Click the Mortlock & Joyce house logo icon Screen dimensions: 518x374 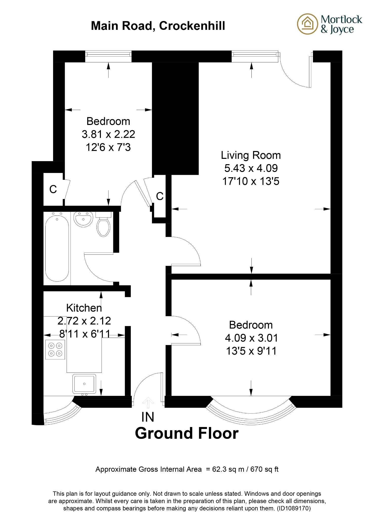coord(307,24)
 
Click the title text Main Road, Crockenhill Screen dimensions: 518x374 coord(158,26)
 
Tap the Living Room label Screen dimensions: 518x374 coord(251,155)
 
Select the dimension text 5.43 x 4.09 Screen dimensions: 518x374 coord(251,168)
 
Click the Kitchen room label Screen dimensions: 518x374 coord(84,308)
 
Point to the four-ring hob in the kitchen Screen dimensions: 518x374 coord(55,349)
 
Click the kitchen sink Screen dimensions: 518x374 coord(84,384)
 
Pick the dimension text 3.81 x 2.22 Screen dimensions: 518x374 coord(108,134)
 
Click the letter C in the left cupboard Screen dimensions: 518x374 coord(53,189)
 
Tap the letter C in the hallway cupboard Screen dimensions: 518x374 coord(160,196)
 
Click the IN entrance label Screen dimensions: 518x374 coord(148,417)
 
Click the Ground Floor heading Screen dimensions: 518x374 coord(187,433)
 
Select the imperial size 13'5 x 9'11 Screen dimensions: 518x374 coord(251,351)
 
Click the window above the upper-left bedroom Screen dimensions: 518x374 coord(108,56)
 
